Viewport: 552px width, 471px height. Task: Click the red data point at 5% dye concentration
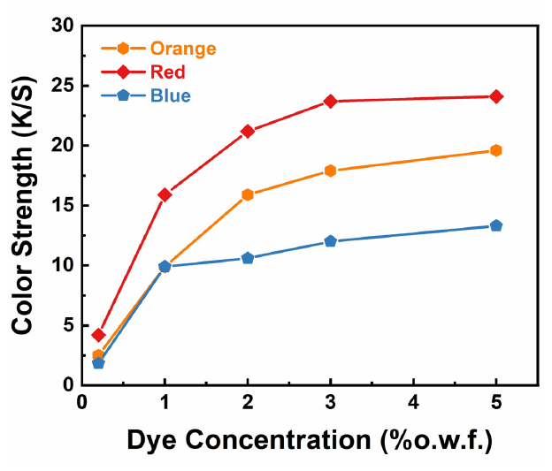pos(496,96)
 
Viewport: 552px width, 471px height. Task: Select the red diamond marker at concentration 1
pos(165,194)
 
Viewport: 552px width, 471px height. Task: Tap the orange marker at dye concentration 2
pos(248,194)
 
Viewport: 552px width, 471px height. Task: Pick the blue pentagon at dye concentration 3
pos(331,241)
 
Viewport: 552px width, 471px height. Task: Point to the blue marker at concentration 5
pos(496,225)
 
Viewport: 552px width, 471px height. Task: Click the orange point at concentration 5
pos(496,150)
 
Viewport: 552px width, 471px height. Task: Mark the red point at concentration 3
pos(331,101)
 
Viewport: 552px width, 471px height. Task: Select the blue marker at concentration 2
pos(248,258)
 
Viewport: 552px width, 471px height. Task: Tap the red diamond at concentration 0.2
pos(98,335)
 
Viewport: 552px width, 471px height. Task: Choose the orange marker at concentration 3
pos(331,171)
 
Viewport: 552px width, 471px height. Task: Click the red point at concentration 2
pos(248,131)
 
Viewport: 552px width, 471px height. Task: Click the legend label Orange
pos(183,49)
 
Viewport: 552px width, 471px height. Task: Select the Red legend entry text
pos(168,72)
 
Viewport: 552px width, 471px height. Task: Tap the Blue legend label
pos(170,95)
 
